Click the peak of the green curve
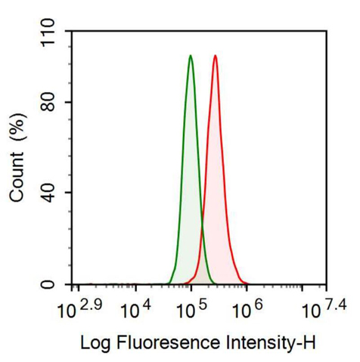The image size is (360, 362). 191,56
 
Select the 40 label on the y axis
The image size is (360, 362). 51,193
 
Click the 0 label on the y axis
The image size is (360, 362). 57,284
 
